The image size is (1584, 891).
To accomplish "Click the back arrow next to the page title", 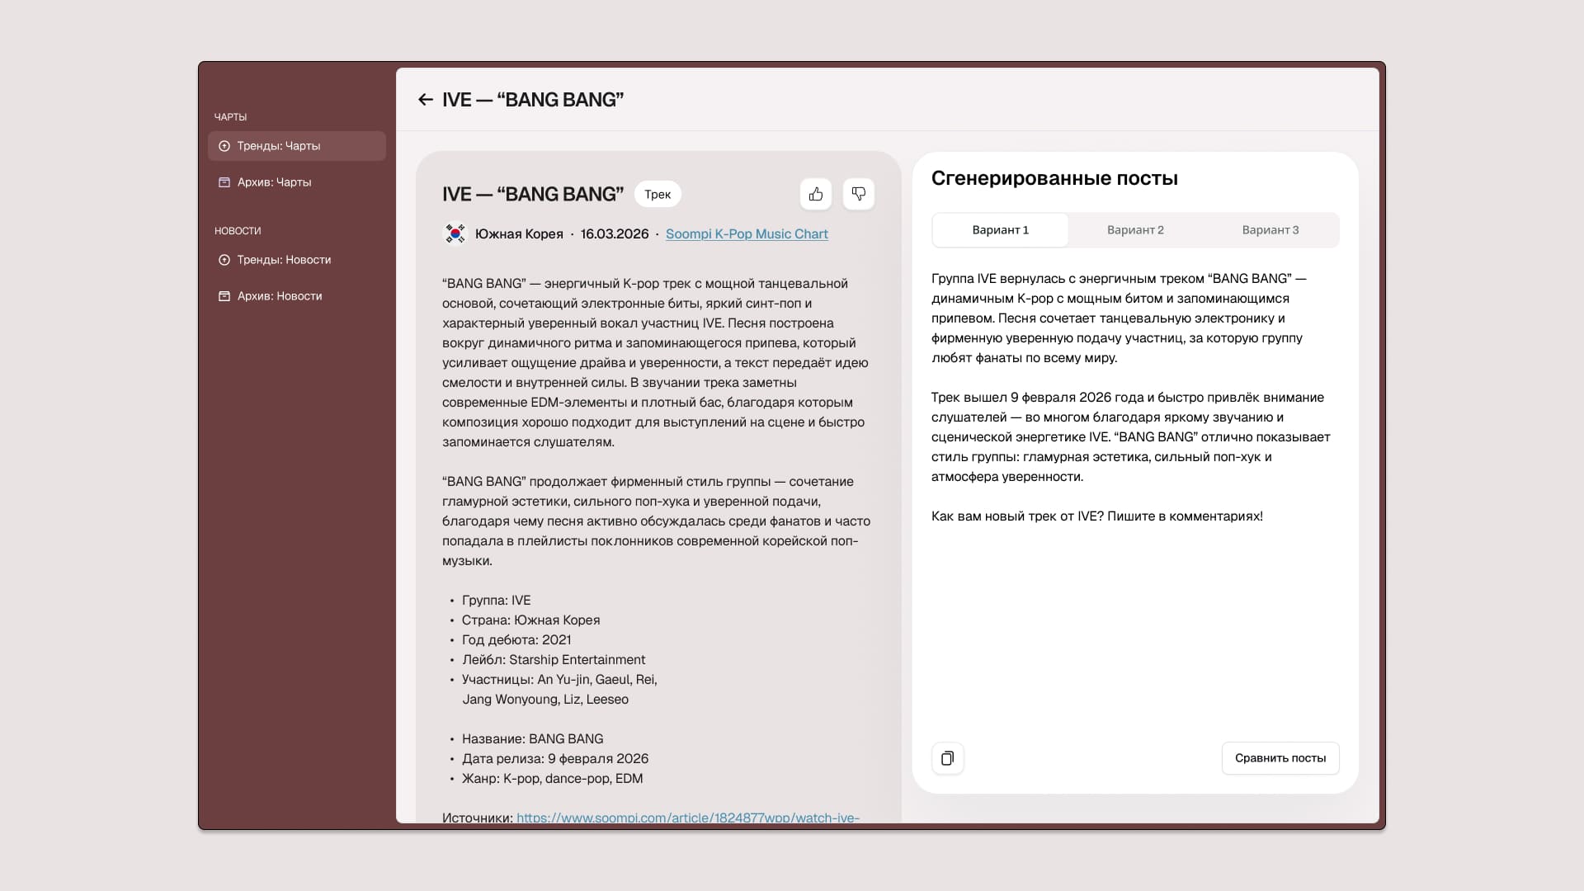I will tap(426, 100).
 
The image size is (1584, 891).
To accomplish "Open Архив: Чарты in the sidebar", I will tap(274, 182).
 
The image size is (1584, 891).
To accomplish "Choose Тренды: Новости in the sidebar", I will tap(284, 260).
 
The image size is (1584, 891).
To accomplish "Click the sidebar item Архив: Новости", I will tap(279, 296).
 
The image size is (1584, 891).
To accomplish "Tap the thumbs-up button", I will tap(816, 194).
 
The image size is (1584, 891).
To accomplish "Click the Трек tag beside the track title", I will tap(658, 195).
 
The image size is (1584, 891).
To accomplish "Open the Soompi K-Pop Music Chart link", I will tap(746, 234).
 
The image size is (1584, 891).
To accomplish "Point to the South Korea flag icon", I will tap(455, 234).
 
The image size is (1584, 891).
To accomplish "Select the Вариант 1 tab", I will tap(1000, 230).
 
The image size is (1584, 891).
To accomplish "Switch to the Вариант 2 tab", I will tap(1135, 230).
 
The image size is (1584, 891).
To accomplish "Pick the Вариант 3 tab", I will tap(1270, 230).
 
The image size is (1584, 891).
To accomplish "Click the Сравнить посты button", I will tap(1280, 758).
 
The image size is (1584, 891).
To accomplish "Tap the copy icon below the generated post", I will tap(948, 758).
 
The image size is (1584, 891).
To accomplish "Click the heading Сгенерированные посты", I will tap(1054, 178).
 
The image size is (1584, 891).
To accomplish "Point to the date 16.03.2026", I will tap(615, 234).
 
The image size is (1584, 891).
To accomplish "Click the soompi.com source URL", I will tap(687, 817).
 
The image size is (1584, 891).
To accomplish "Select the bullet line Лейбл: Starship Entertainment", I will tap(553, 660).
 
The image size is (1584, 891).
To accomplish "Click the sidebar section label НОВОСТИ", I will tap(238, 231).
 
